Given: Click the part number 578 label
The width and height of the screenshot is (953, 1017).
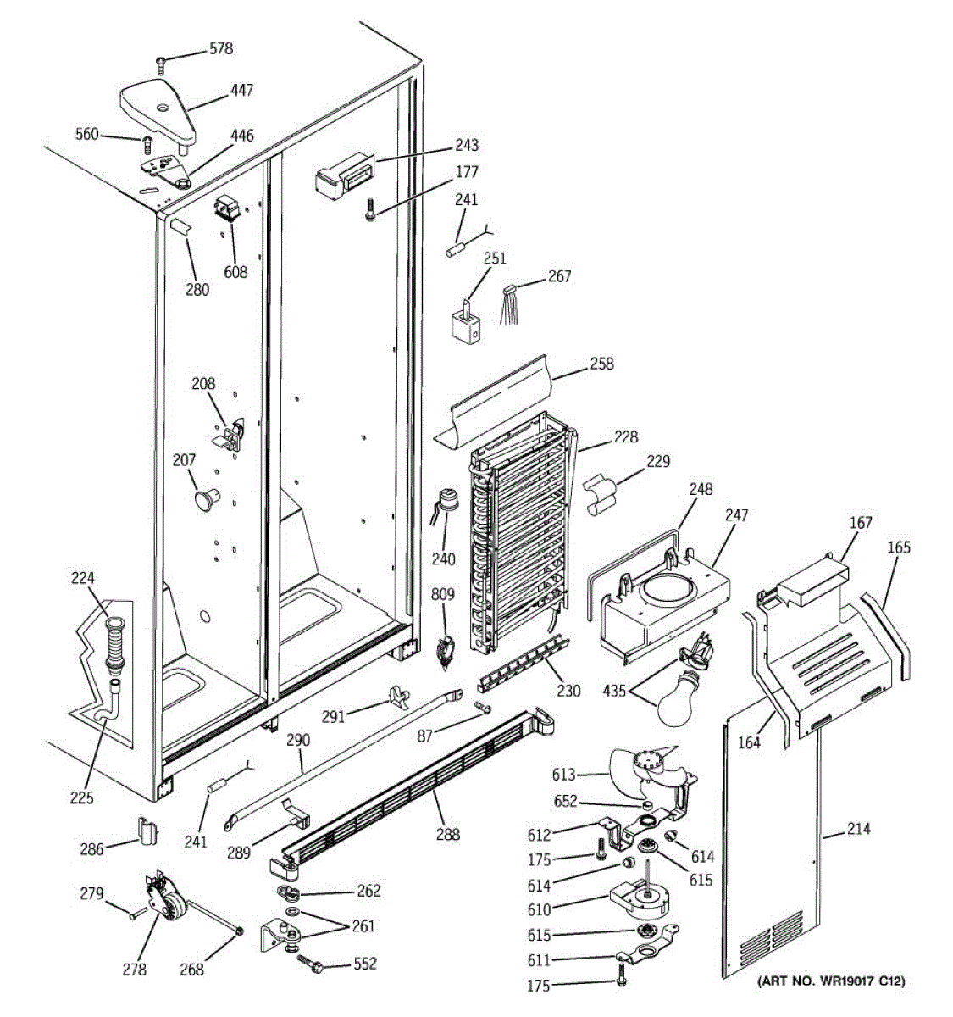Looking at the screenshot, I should click(x=221, y=48).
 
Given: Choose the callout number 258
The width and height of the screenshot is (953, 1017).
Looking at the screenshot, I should click(x=602, y=364).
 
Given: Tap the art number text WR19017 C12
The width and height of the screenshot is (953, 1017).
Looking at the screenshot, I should click(x=831, y=981).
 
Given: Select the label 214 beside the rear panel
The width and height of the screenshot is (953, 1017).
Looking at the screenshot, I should click(x=858, y=829).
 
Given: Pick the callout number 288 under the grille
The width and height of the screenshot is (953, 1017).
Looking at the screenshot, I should click(x=448, y=834).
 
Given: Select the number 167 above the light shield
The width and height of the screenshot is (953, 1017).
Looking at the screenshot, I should click(x=861, y=523).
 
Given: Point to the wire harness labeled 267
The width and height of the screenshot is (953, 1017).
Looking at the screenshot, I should click(x=510, y=303).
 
